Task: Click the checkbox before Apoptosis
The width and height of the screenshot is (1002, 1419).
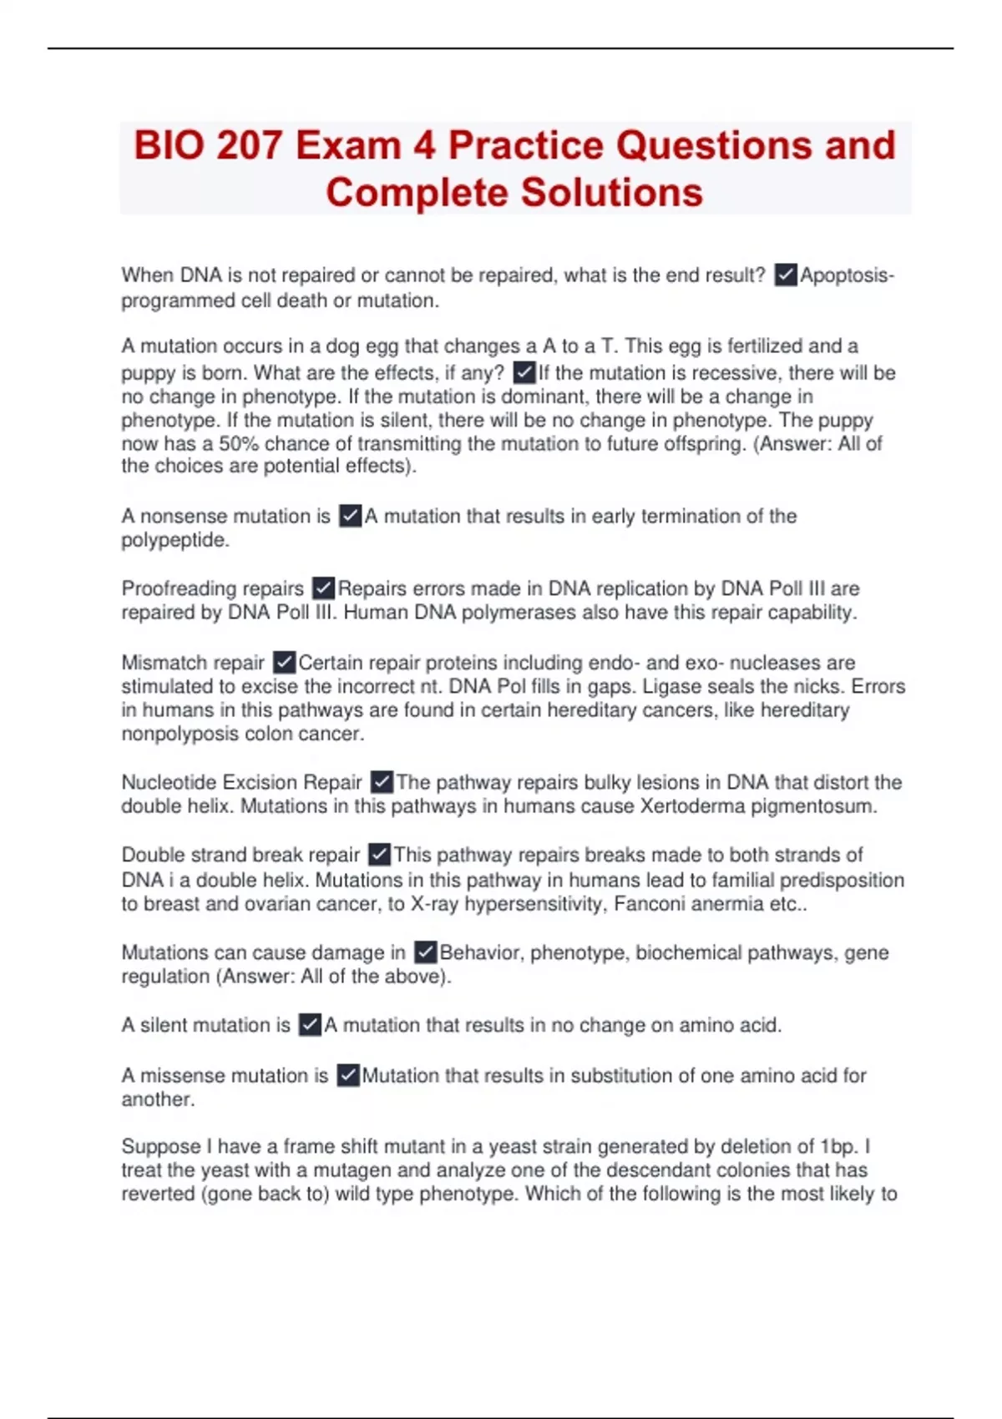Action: (786, 275)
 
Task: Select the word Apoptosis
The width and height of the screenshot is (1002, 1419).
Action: (846, 275)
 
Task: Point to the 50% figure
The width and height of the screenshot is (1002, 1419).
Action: (239, 444)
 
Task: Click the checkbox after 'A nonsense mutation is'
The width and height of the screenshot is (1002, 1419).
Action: (351, 516)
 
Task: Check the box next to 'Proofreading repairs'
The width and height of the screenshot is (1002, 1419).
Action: (323, 588)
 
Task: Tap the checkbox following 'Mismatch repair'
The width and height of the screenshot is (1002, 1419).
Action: (284, 663)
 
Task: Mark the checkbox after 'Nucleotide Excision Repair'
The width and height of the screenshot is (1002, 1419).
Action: (382, 782)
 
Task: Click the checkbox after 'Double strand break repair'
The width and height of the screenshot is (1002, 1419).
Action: (379, 855)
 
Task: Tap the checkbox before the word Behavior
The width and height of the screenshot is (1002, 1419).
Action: (425, 952)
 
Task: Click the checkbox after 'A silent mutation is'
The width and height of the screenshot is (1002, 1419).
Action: (310, 1025)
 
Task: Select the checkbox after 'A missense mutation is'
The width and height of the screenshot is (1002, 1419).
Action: (348, 1075)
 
